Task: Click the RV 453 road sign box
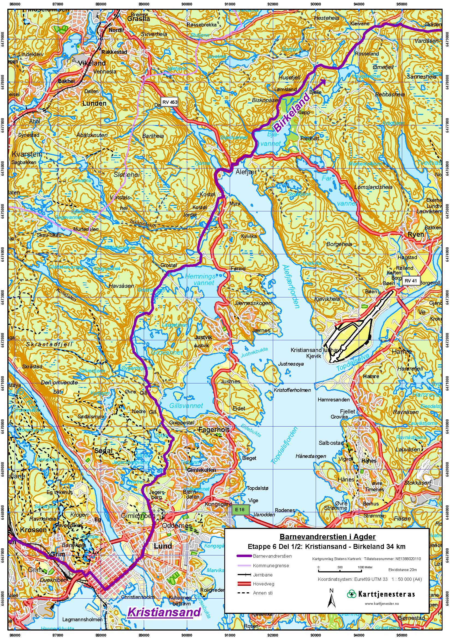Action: (x=170, y=102)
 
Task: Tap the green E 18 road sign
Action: (x=239, y=509)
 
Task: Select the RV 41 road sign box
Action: (x=411, y=280)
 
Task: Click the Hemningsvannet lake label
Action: (x=200, y=279)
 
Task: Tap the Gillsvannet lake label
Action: (x=186, y=406)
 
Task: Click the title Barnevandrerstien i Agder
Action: (x=327, y=536)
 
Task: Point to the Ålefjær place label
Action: (x=246, y=172)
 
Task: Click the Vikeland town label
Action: (x=92, y=63)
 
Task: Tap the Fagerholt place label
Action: (x=214, y=430)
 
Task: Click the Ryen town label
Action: (x=416, y=234)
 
